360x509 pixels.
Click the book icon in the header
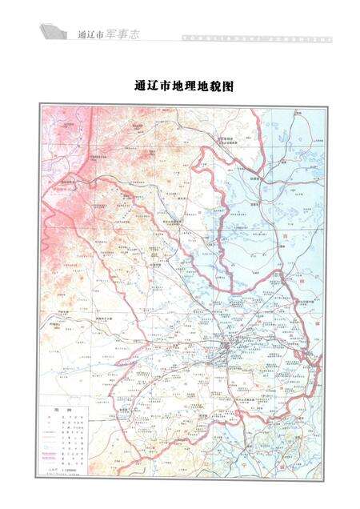(x=52, y=33)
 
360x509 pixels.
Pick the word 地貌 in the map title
(x=212, y=83)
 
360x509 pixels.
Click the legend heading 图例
(x=57, y=406)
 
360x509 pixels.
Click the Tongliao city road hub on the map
(x=229, y=346)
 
